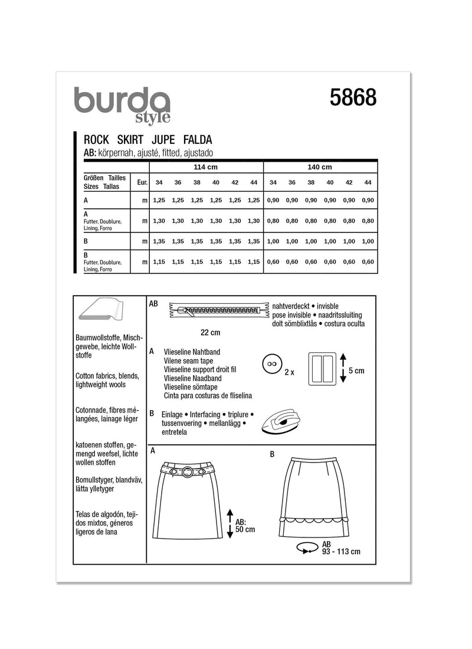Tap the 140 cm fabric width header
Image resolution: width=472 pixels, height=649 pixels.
click(319, 166)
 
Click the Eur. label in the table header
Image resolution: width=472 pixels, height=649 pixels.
click(142, 182)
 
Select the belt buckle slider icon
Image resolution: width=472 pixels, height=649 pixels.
click(323, 370)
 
